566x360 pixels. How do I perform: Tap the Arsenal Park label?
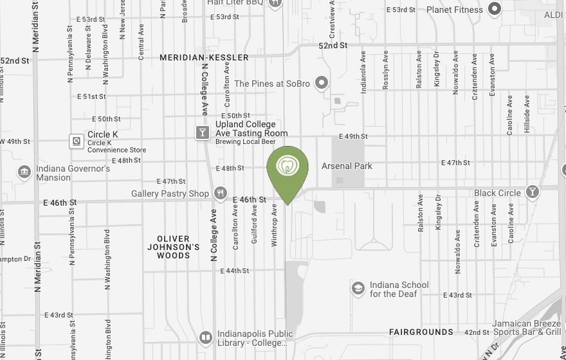[x=347, y=166]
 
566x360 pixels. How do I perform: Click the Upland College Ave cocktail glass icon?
[x=202, y=132]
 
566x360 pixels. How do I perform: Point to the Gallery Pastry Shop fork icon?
[x=221, y=192]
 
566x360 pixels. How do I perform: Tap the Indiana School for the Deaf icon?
[x=358, y=289]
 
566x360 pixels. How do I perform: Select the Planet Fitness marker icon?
[x=495, y=9]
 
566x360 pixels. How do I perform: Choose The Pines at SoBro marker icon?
[x=323, y=84]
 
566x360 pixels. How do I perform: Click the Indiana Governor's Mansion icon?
[x=24, y=172]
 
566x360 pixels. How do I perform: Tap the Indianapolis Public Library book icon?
[x=205, y=337]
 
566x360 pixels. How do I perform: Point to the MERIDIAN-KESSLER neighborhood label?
[x=204, y=58]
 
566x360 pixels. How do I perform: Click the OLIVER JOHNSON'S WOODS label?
[x=174, y=247]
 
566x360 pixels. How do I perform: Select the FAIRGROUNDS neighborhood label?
[x=421, y=332]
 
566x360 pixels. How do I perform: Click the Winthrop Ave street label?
[x=274, y=225]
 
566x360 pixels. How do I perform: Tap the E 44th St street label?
[x=235, y=271]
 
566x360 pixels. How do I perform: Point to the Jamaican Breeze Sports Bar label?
[x=527, y=328]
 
